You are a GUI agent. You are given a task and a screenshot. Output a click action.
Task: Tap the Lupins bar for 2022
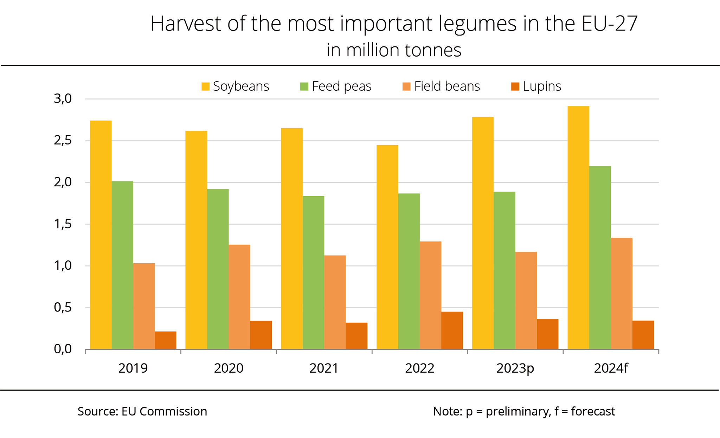pos(452,330)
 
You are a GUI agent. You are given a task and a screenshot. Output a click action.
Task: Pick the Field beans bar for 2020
pos(239,297)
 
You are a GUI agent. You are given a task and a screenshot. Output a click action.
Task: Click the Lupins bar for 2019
pos(165,340)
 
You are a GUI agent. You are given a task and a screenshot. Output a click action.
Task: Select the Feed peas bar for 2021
pos(313,272)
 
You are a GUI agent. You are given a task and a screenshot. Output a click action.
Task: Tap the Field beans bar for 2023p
pos(526,301)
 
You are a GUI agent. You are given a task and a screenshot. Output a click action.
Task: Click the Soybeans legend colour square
pos(205,86)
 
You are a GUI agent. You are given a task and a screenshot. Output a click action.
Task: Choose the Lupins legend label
pos(542,86)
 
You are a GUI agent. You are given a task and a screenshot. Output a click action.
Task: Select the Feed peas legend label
pos(341,86)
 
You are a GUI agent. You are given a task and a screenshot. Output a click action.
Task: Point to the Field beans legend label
pos(447,86)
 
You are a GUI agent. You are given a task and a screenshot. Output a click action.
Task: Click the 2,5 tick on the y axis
pos(63,141)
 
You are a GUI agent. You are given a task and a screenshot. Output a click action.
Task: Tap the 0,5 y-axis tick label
pos(63,308)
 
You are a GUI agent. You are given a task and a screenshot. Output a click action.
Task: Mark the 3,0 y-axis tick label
pos(63,99)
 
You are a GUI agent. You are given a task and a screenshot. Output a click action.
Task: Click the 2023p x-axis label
pos(515,368)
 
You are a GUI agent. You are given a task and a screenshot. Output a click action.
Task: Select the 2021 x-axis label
pos(324,368)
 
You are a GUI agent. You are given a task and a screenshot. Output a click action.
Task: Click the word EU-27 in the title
pos(609,24)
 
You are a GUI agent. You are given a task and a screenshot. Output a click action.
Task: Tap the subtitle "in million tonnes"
pos(394,50)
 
